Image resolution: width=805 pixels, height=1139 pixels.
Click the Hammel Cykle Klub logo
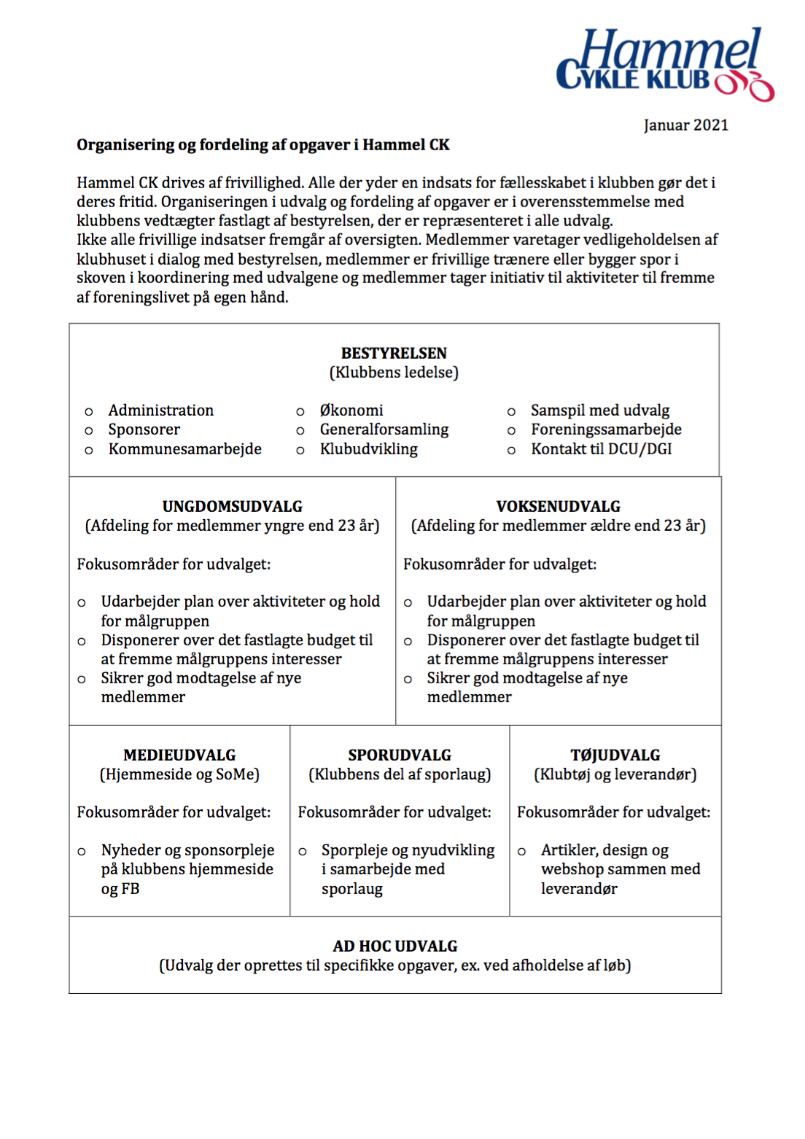click(664, 65)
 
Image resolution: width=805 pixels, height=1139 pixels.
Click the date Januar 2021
click(685, 125)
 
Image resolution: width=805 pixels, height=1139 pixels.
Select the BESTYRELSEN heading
click(394, 354)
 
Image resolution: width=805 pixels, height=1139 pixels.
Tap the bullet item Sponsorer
click(144, 429)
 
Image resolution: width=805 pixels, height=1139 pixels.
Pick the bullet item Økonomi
click(351, 411)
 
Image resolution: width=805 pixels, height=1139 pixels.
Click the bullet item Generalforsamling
click(384, 429)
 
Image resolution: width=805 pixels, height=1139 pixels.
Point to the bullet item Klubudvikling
click(369, 449)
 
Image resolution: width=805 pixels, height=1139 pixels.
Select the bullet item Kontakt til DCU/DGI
click(602, 449)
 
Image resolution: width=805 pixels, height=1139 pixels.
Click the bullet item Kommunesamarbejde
click(185, 449)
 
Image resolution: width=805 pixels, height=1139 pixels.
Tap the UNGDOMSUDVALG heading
click(233, 507)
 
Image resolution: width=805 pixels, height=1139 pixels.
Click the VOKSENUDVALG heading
click(559, 507)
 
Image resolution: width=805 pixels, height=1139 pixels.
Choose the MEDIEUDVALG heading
click(179, 755)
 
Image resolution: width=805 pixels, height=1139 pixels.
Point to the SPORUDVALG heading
click(400, 755)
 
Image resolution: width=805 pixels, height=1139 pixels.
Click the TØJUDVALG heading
click(615, 755)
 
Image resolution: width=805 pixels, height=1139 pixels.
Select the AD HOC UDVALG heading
click(395, 946)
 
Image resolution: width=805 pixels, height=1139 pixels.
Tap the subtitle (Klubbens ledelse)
click(394, 373)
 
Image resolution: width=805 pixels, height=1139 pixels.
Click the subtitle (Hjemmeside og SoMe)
click(179, 774)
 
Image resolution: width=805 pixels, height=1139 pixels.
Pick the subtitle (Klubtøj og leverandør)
click(615, 774)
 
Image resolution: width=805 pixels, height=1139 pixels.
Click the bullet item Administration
click(161, 411)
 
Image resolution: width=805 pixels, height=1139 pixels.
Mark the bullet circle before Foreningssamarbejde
click(512, 431)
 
